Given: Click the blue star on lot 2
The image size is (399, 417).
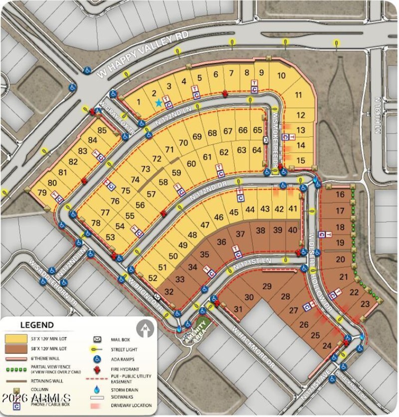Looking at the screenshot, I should pos(159,103).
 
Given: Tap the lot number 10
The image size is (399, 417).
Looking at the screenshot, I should pos(281,75).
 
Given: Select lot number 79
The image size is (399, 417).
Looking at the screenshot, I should pos(42,192).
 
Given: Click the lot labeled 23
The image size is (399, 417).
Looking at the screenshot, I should pos(365,303).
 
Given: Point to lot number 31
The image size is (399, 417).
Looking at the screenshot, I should pos(238,310).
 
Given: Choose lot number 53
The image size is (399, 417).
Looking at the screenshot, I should pos(110,237).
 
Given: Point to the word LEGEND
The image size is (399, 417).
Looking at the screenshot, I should pos(37,325).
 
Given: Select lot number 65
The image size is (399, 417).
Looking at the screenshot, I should pos(257,130).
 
